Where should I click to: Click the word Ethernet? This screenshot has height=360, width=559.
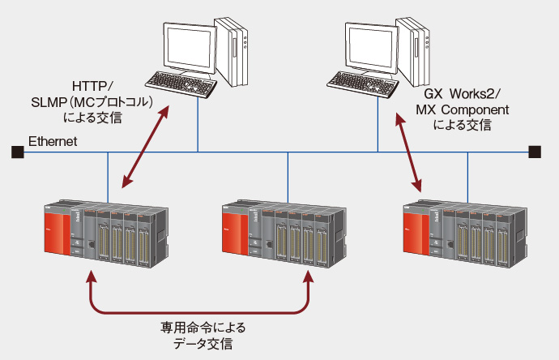click(x=53, y=142)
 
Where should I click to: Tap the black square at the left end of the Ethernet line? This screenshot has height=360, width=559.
click(x=16, y=152)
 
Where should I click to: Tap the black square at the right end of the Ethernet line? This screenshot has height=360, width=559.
click(x=534, y=152)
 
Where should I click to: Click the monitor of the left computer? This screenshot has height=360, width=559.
click(x=189, y=46)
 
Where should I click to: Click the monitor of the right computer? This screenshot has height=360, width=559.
click(x=370, y=46)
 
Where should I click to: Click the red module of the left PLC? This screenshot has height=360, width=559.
click(x=55, y=234)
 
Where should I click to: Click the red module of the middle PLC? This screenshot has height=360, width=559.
click(x=236, y=234)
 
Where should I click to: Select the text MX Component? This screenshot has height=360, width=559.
click(x=463, y=109)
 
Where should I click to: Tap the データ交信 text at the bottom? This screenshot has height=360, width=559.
click(x=203, y=344)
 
